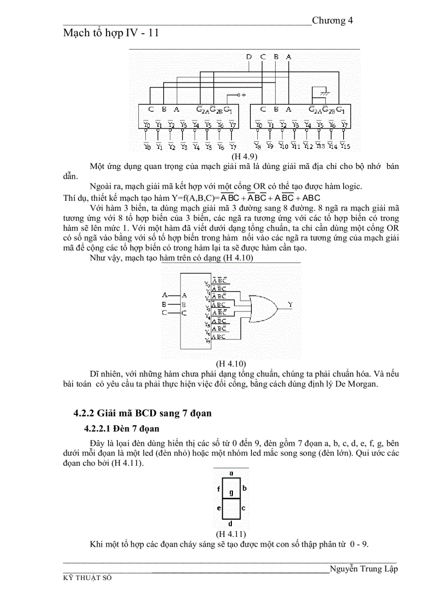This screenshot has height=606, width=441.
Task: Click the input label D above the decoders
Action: point(249,57)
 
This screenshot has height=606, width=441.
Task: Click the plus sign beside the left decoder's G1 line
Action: point(244,95)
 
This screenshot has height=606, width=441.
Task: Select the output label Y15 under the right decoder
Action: point(345,146)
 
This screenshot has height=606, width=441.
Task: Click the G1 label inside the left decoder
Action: point(229,110)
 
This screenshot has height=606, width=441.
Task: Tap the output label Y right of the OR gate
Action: point(290,305)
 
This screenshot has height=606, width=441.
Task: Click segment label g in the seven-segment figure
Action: point(231,492)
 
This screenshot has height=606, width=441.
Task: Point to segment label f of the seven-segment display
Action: point(218,489)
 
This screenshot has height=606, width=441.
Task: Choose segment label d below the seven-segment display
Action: point(231,523)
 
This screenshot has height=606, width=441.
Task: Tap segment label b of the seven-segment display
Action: point(244,488)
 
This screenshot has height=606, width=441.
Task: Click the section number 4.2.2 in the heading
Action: point(84,414)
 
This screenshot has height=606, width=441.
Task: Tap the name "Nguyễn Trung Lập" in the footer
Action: point(363,569)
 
